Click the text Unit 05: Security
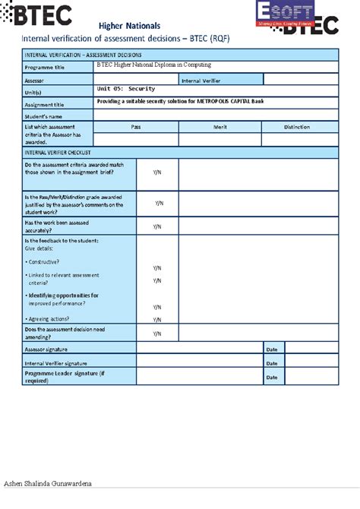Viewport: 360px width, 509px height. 126,90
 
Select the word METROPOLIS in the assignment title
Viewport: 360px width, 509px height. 221,101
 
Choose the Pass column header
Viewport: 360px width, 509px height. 136,127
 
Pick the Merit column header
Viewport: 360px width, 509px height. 220,127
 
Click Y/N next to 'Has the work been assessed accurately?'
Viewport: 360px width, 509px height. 156,226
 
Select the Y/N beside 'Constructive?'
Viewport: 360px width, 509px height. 156,268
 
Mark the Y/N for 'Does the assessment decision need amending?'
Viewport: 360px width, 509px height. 156,334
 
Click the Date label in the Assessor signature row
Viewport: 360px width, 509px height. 272,349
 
